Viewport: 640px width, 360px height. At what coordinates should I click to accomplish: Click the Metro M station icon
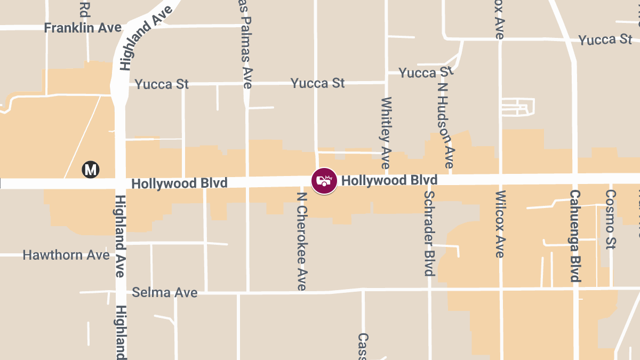91,170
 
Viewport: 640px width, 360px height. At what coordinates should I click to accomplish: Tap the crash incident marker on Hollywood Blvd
324,181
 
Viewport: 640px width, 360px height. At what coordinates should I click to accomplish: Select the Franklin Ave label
83,28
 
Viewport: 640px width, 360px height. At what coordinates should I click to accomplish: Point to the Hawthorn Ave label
66,255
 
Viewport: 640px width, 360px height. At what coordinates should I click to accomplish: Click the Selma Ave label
164,292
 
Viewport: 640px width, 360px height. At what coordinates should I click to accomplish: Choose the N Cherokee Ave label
302,241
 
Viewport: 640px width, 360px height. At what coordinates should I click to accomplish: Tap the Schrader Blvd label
429,233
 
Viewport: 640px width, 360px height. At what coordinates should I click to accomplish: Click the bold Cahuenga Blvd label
575,236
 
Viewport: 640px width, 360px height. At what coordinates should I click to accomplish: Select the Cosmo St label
611,219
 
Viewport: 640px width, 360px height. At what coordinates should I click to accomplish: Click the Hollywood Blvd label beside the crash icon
389,180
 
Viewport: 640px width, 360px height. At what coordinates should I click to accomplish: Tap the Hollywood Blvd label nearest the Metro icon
179,183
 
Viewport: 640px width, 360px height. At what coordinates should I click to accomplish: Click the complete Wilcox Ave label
499,224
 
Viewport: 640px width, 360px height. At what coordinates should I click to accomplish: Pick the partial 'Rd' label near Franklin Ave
85,9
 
